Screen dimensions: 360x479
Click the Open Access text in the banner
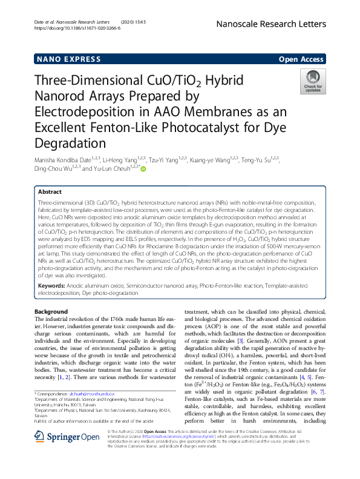click(301, 59)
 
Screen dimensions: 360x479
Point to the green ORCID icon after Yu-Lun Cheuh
click(144, 169)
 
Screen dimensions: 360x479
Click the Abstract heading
click(51, 190)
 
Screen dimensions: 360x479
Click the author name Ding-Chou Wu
click(53, 169)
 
